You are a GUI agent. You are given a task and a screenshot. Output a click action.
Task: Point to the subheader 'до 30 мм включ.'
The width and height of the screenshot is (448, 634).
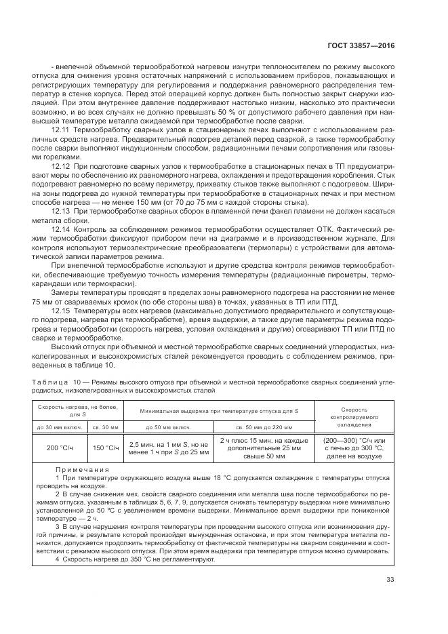click(61, 427)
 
